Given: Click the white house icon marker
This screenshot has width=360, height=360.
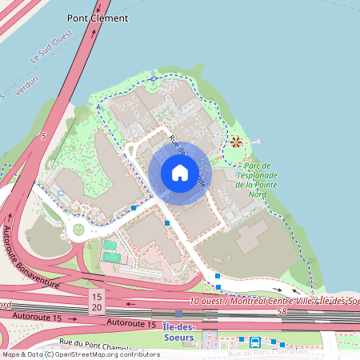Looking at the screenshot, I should [x=179, y=172].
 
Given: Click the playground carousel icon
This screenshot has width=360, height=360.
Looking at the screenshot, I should [x=236, y=142].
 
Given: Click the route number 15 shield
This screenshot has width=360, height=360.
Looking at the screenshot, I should [x=96, y=296].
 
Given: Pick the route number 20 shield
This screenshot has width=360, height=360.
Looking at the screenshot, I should [x=96, y=307].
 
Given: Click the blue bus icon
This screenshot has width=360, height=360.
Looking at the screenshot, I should [x=254, y=342].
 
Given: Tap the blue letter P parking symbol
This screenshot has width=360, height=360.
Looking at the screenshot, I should [x=59, y=192].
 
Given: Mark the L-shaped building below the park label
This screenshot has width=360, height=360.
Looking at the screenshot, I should [x=251, y=236].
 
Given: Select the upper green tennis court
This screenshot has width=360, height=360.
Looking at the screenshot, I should [x=110, y=245].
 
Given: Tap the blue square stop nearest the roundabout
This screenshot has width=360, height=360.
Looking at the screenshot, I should [x=133, y=208].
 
